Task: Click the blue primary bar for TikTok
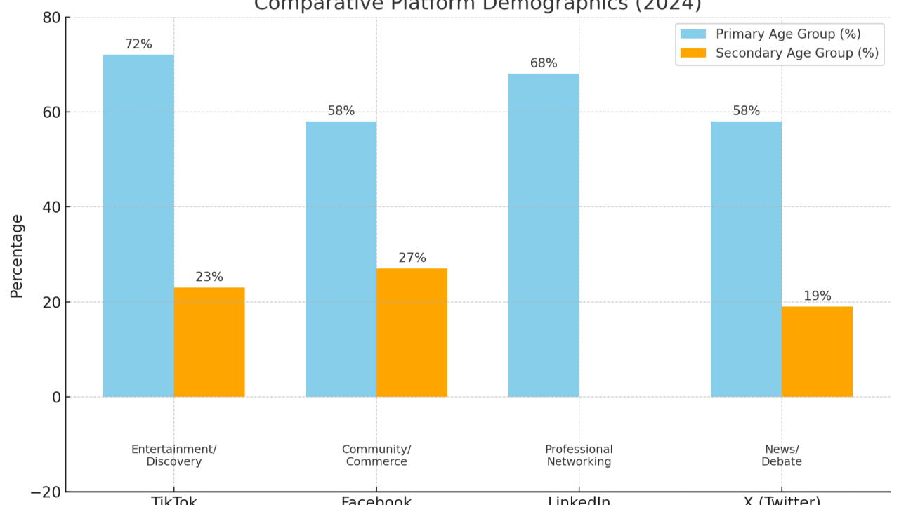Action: click(138, 225)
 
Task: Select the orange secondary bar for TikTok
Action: click(209, 342)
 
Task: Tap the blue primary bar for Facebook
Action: click(341, 259)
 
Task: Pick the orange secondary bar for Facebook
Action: click(412, 332)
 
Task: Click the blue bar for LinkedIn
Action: click(544, 235)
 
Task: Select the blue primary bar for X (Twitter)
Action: click(746, 259)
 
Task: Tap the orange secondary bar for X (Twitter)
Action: click(817, 351)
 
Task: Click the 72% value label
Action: click(138, 44)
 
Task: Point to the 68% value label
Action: click(544, 63)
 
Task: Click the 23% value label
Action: click(209, 277)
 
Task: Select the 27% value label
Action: click(412, 258)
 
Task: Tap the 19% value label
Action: click(817, 296)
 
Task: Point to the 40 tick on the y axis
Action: click(51, 207)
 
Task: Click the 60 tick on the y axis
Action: click(51, 112)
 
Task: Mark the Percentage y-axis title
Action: click(17, 256)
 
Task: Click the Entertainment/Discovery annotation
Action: click(174, 455)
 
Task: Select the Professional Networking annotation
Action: click(579, 455)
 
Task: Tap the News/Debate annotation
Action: click(781, 455)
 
